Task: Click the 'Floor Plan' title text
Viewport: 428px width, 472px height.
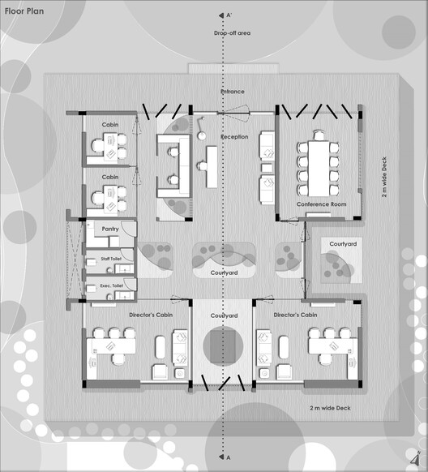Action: [24, 11]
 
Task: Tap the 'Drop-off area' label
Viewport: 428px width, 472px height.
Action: [232, 33]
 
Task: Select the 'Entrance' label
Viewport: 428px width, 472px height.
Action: [233, 92]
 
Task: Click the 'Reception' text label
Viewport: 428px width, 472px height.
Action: [234, 137]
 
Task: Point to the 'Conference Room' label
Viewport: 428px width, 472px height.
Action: [321, 204]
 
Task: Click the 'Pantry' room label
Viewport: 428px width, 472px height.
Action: [110, 229]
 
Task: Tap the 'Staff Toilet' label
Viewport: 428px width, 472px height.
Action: [111, 259]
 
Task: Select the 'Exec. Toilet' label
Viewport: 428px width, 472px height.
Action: [112, 285]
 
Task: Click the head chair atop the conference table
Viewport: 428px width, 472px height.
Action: [319, 135]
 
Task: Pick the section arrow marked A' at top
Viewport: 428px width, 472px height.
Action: [221, 15]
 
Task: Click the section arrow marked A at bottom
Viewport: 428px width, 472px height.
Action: [221, 457]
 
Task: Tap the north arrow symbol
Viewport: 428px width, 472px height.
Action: [416, 457]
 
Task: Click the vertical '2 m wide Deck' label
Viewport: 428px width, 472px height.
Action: [384, 177]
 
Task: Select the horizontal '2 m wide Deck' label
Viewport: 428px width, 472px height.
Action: [330, 408]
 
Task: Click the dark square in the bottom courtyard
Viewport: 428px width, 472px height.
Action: [223, 346]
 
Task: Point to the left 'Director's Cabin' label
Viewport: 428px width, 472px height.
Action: [151, 315]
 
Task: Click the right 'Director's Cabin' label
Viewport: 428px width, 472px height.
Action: [295, 315]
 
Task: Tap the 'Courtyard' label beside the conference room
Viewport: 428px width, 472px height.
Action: [343, 244]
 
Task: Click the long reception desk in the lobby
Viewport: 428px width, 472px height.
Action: [212, 167]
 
